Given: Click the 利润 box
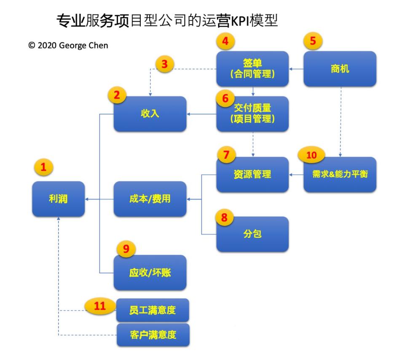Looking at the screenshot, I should [58, 199].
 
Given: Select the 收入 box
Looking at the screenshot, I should [150, 114].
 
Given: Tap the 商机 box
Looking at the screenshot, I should [340, 69].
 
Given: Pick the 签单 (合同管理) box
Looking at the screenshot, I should [253, 69].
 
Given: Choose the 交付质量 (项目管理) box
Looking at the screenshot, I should [253, 114].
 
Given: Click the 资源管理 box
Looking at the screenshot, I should [253, 175].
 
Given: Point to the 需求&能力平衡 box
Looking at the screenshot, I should [340, 175].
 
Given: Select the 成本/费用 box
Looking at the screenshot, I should [150, 199].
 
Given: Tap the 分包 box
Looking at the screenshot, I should [253, 234].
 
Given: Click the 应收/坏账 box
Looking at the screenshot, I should [150, 272].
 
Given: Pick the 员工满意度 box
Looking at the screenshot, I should [153, 311].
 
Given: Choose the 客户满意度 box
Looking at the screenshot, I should [153, 335].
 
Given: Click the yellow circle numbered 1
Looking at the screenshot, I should [43, 167].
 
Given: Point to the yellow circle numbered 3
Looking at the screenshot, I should [165, 64].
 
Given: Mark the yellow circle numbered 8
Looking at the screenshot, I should [224, 218].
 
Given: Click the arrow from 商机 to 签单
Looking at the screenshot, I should [297, 69].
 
